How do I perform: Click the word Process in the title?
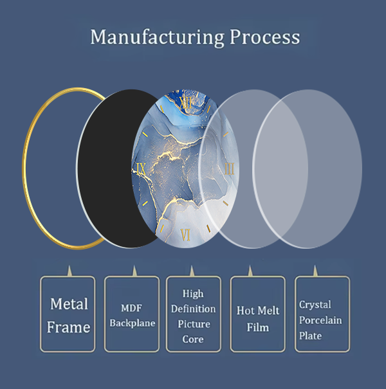coord(264,37)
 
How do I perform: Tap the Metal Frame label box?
coord(68,314)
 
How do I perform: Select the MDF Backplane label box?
coord(132,314)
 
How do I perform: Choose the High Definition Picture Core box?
coord(193,314)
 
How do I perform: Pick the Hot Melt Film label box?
coord(257,314)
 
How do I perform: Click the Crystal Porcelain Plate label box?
coord(322,314)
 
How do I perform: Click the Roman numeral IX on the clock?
coord(142,170)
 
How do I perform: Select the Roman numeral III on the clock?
coord(230,170)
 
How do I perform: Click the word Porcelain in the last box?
coord(320,320)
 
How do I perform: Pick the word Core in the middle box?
coord(193,339)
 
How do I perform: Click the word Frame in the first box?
coord(69,327)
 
